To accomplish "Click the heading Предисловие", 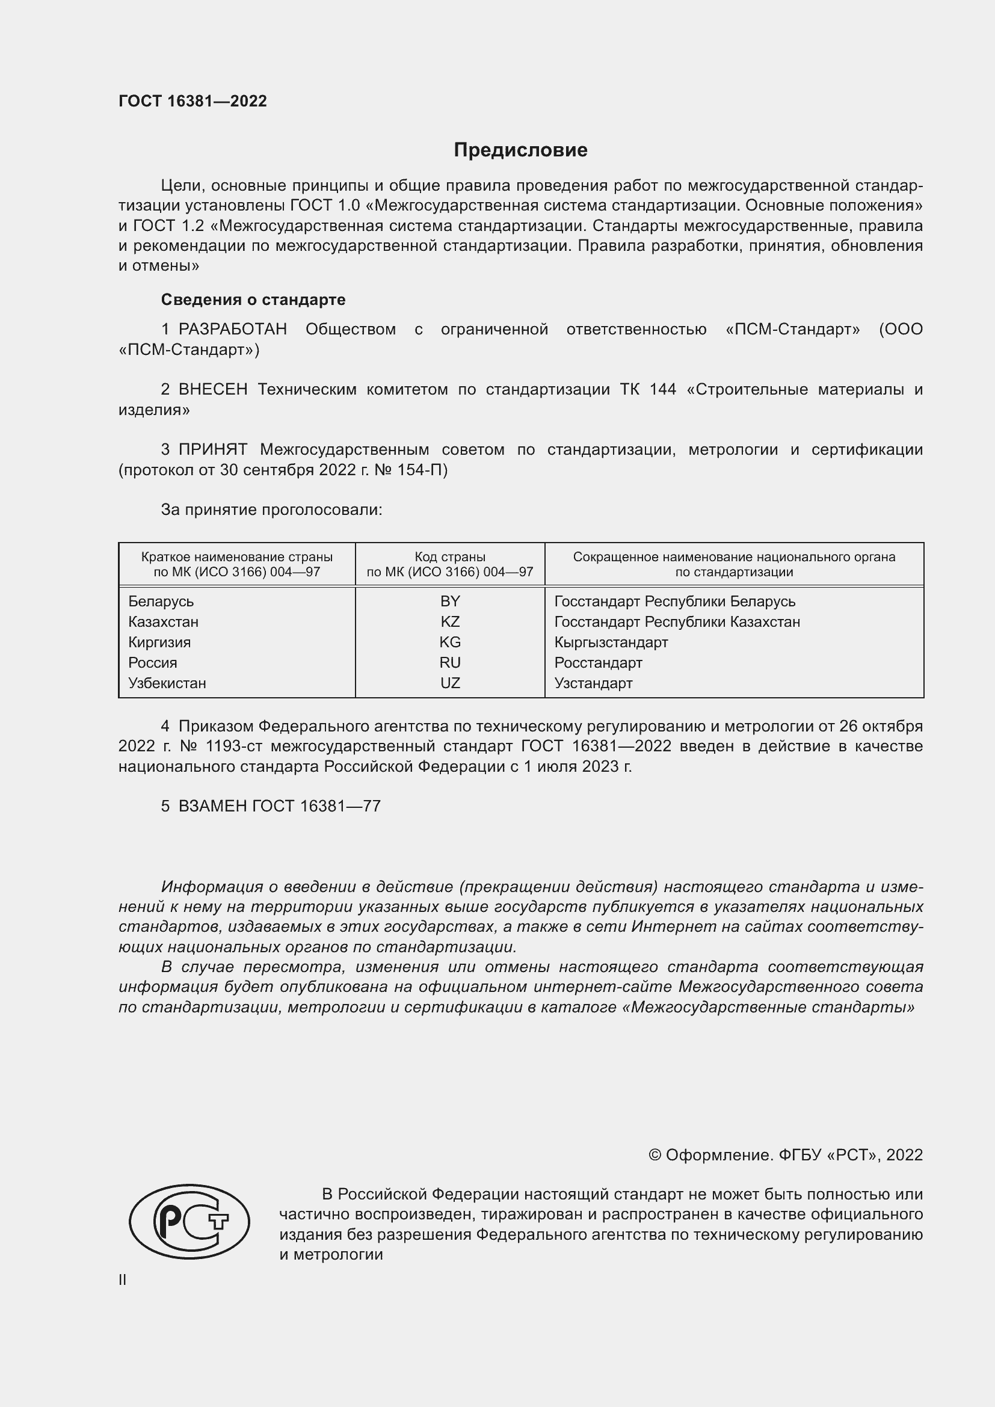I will coord(520,150).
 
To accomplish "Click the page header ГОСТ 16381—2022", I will coord(193,101).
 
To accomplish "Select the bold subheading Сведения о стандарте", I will coord(253,300).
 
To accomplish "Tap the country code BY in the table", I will coord(450,601).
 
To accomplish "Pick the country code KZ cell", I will coord(450,621).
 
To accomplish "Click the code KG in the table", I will coord(450,642).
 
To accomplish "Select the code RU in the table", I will coord(450,662).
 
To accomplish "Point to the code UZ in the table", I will coord(450,683).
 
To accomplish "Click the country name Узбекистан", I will coord(167,683).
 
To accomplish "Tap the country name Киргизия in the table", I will coord(159,642).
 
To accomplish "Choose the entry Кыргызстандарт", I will coord(611,642).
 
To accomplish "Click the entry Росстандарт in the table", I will coord(598,662).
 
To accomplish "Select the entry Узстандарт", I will coord(593,683).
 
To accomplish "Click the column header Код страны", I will coord(450,557).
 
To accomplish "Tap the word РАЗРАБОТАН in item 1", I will coord(233,330).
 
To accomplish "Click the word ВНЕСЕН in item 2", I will coord(213,390).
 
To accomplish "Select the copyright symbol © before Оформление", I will coord(655,1155).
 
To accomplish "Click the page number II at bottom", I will coord(123,1279).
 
